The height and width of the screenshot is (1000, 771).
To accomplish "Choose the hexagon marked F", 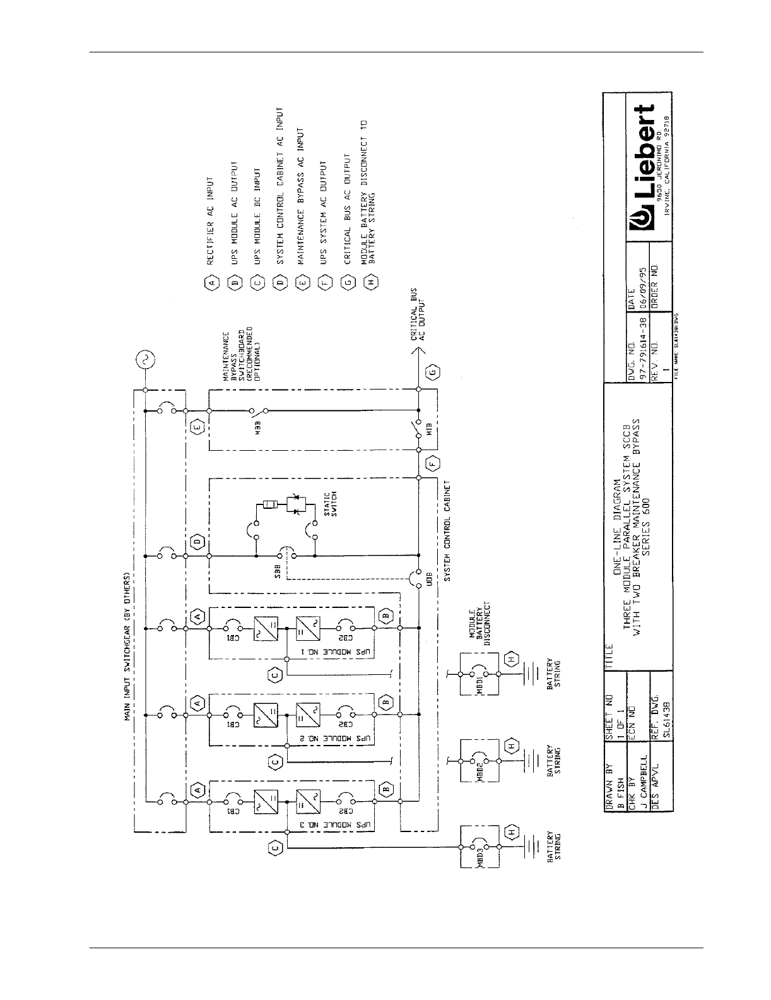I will pos(434,462).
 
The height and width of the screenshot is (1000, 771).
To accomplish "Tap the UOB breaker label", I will pos(429,579).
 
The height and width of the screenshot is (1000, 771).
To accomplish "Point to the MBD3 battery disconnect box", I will pos(479,847).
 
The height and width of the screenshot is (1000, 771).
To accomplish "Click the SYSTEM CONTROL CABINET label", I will pos(448,537).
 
